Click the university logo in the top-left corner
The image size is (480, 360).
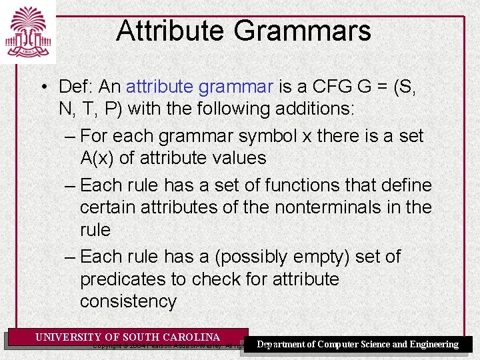(27, 31)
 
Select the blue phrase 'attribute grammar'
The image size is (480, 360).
(200, 87)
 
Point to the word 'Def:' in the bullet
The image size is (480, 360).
(77, 87)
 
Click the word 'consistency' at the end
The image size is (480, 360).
(128, 301)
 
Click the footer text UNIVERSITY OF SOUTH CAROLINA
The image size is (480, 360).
(127, 337)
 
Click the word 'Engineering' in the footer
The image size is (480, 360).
(433, 345)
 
